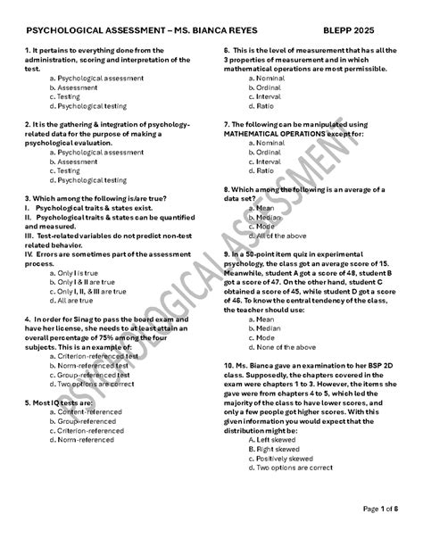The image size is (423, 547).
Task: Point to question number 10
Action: coord(231,367)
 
